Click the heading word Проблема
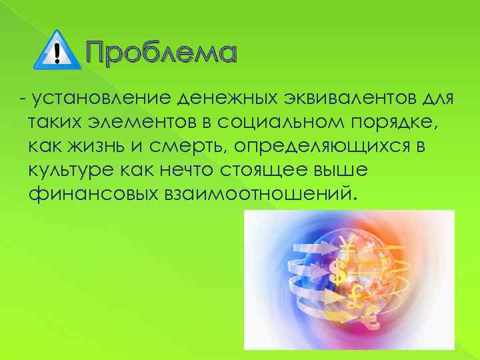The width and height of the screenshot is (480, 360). pyautogui.click(x=160, y=52)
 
